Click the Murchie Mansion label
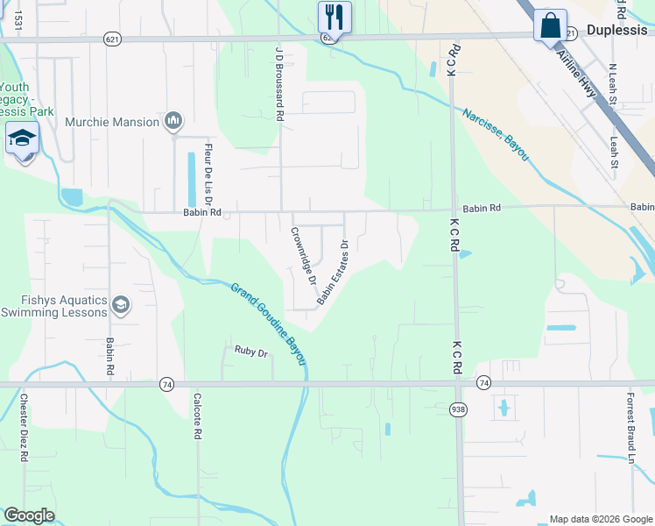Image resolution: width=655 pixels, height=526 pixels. [x=112, y=122]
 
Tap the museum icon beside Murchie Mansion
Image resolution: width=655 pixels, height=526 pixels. [x=173, y=121]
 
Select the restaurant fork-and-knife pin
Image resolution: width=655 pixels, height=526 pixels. [x=334, y=17]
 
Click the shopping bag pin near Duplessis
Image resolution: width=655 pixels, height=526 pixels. [x=550, y=25]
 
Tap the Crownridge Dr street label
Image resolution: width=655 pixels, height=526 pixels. [x=303, y=257]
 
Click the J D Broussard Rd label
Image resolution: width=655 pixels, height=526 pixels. [x=279, y=84]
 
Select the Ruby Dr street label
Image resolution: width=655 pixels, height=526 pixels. [x=250, y=351]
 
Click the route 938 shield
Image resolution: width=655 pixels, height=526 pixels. [x=457, y=409]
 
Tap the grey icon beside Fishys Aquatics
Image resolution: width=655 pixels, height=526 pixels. [x=121, y=305]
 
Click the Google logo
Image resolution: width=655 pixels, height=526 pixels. [x=30, y=515]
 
